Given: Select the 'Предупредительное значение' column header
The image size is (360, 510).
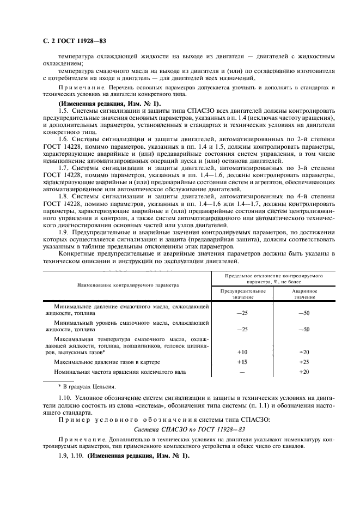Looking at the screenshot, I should click(x=242, y=294).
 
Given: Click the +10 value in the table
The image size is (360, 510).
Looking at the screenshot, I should click(x=242, y=352).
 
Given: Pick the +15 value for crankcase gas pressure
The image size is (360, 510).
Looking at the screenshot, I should click(x=242, y=362).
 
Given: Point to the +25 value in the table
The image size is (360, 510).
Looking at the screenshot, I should click(x=304, y=362).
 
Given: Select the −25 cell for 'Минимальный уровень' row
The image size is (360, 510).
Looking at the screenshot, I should click(x=242, y=330).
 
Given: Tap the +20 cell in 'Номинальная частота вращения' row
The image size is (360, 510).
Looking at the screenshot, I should click(x=304, y=372).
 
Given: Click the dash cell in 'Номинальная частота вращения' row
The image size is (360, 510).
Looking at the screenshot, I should click(x=242, y=372).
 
